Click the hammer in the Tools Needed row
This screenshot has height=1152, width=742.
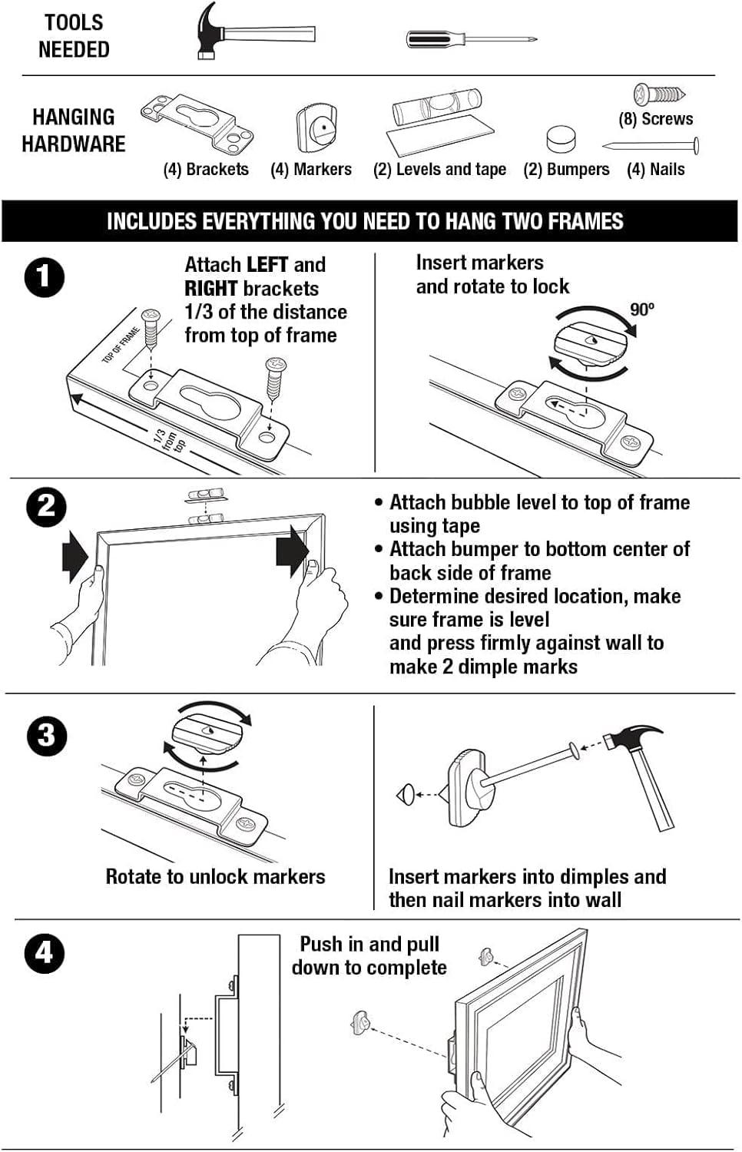coord(253,32)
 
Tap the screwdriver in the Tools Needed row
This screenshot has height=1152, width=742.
coord(470,38)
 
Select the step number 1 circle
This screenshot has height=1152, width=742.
coord(44,278)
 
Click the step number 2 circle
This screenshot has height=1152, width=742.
coord(46,507)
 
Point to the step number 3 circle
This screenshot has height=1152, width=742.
coord(46,736)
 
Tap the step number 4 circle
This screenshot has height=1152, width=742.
coord(44,953)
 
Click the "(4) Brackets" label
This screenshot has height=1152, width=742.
coord(206,170)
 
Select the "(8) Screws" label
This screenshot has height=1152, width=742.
coord(655,119)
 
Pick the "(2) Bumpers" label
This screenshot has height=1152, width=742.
coord(566,170)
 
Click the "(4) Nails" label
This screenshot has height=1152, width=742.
coord(655,170)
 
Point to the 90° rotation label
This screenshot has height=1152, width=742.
coord(642,310)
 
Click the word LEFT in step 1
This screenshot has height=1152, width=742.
coord(267,265)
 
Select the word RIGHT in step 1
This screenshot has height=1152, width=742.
coord(210,289)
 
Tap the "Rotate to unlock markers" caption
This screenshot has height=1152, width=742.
coord(215,877)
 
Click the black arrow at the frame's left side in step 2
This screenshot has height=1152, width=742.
coord(75,555)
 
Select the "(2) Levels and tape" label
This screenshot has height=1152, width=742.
coord(439,170)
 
